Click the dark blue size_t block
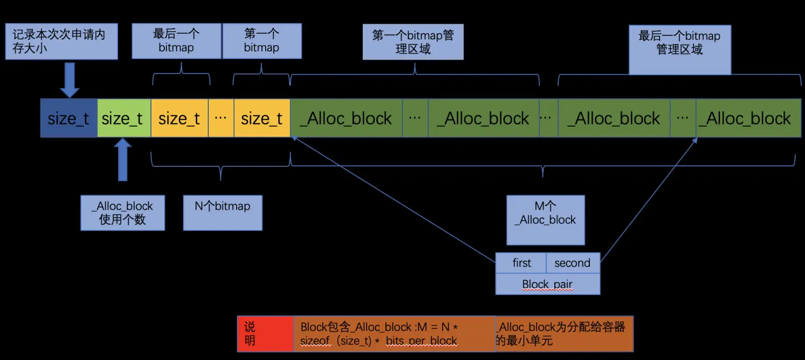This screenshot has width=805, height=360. (69, 118)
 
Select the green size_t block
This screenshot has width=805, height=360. (123, 118)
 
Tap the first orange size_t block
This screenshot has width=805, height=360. (179, 118)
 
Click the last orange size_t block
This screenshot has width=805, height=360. (262, 118)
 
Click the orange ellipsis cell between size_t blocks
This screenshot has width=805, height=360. (221, 118)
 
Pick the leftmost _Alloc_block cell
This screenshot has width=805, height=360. (346, 118)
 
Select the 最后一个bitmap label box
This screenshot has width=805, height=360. (176, 41)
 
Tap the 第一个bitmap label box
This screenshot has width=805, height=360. (262, 41)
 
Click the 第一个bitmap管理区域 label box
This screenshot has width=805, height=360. (413, 42)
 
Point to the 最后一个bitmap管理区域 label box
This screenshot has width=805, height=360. (679, 49)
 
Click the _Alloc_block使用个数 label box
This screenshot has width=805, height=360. (122, 213)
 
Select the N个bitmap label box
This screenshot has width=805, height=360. (223, 213)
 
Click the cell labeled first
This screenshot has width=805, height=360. (521, 263)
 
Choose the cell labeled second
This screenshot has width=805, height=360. (572, 263)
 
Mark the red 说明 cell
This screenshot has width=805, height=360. (265, 334)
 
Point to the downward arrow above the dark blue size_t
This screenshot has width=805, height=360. (69, 79)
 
